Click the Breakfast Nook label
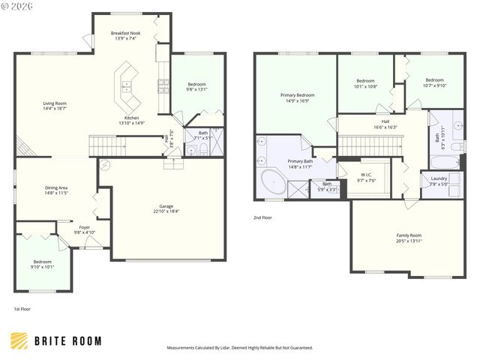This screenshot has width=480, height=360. [x=126, y=33]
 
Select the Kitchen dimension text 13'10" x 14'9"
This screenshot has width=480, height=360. [x=131, y=123]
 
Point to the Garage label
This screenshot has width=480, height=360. [x=166, y=205]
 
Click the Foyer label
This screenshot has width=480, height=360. [x=85, y=227]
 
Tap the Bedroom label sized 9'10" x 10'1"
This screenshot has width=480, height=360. [x=42, y=262]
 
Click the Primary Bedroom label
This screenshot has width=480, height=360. [x=297, y=95]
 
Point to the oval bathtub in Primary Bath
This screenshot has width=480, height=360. [x=271, y=183]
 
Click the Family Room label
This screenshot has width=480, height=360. [x=409, y=235]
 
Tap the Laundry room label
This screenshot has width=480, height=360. [x=439, y=178]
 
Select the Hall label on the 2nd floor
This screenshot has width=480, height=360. [x=385, y=121]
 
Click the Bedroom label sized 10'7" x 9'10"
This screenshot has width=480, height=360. [x=434, y=80]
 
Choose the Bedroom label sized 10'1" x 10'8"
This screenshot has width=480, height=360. [x=365, y=81]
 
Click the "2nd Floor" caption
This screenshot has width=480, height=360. [x=263, y=217]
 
